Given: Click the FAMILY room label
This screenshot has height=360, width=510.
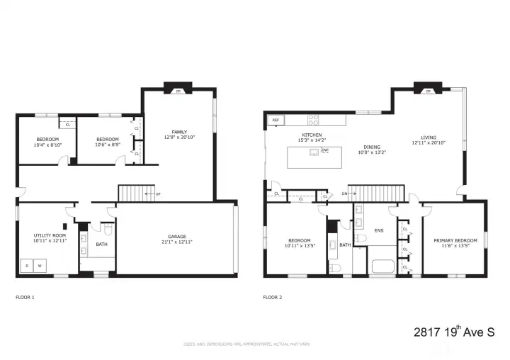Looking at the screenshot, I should [179, 132].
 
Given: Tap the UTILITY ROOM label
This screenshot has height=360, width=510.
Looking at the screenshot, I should [50, 235].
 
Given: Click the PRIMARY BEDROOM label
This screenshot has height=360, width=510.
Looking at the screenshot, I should [455, 240].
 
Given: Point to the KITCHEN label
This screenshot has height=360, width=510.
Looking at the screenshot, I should [312, 135].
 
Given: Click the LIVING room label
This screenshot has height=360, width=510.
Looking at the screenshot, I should [428, 137].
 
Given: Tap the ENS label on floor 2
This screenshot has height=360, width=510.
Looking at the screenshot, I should [380, 230].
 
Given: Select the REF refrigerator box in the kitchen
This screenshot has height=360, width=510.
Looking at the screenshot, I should [276, 120].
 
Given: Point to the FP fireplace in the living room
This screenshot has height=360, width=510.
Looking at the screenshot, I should [428, 91].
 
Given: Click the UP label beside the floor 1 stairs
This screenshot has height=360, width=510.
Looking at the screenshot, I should [157, 193].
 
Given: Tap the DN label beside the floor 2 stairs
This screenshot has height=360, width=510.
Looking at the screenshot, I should [344, 193].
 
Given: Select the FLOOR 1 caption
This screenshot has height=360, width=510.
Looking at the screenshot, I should [25, 297].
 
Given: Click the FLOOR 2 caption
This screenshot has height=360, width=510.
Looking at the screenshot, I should [272, 297].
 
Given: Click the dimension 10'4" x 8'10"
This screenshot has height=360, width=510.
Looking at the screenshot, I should [48, 145].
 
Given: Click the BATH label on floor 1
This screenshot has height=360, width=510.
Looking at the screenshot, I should [101, 244].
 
